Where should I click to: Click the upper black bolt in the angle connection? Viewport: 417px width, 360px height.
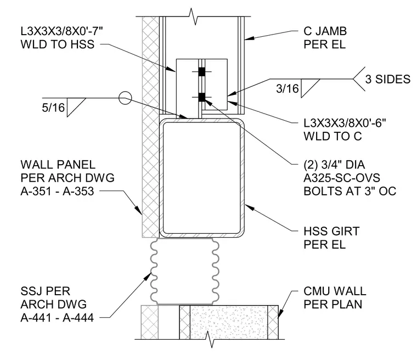tap(202, 71)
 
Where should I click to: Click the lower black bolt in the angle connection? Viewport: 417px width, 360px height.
tap(202, 97)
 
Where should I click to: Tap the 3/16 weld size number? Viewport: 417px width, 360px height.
tap(288, 88)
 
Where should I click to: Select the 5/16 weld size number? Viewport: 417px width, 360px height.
tap(53, 108)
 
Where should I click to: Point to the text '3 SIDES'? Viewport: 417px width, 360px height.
tap(388, 79)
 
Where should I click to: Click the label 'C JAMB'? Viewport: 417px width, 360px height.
tap(325, 31)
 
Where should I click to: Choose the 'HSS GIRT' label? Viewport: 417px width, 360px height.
tap(331, 231)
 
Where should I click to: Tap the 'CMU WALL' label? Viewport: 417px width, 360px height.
tap(335, 291)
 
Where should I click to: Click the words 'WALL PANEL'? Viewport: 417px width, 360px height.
tap(58, 165)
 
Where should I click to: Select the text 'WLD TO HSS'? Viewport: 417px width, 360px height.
tap(58, 44)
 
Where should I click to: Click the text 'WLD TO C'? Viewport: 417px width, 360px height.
tap(333, 136)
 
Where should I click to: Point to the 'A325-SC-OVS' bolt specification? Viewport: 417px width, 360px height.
tap(342, 178)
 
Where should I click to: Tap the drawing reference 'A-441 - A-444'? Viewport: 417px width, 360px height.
tap(57, 318)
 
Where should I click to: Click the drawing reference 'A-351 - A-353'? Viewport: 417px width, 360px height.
tap(57, 192)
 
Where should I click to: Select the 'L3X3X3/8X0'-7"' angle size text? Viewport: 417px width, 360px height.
tap(61, 31)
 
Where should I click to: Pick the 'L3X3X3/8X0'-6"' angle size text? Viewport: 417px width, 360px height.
tap(345, 123)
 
